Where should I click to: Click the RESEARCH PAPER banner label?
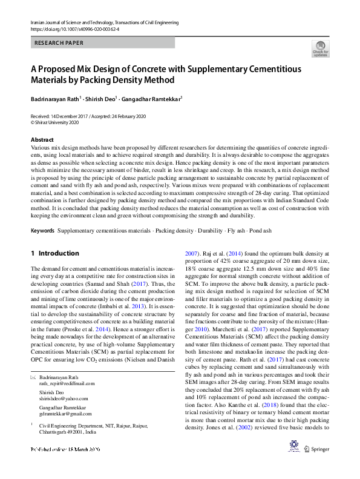pos(59,43)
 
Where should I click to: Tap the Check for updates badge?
pos(320,48)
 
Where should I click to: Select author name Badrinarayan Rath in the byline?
pos(55,98)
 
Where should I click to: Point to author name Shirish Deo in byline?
pos(102,98)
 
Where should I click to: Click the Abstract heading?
pos(42,140)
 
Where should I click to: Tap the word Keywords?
pos(42,231)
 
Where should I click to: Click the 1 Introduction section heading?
pos(54,253)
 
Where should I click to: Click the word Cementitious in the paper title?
pos(272,69)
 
